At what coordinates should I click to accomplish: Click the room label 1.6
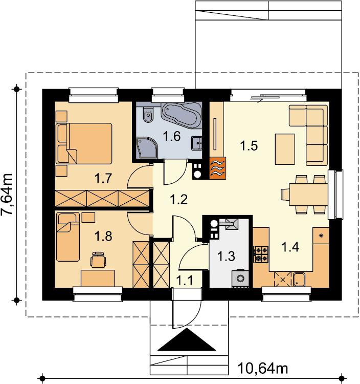coord(172,136)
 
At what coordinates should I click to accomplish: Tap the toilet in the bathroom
coord(148,114)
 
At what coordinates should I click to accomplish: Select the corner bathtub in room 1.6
coord(181,115)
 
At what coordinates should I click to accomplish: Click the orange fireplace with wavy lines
coord(217,168)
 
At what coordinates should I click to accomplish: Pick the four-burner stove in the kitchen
coord(261,254)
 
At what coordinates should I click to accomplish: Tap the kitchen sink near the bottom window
coord(299,280)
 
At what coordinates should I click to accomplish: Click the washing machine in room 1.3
coord(240,279)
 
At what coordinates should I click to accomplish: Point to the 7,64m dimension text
coord(7,194)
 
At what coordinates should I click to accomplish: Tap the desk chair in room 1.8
coord(98,260)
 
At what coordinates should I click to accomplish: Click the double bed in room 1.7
coord(84,143)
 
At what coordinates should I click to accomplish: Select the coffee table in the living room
coord(285,149)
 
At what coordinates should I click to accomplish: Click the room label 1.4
coord(290,247)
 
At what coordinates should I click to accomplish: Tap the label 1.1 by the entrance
coord(185,281)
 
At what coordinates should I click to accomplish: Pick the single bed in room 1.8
coord(68,237)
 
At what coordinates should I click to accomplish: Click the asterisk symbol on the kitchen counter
coord(321,236)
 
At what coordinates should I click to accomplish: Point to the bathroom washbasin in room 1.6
coord(197,143)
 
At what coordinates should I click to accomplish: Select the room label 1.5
coord(249,146)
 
